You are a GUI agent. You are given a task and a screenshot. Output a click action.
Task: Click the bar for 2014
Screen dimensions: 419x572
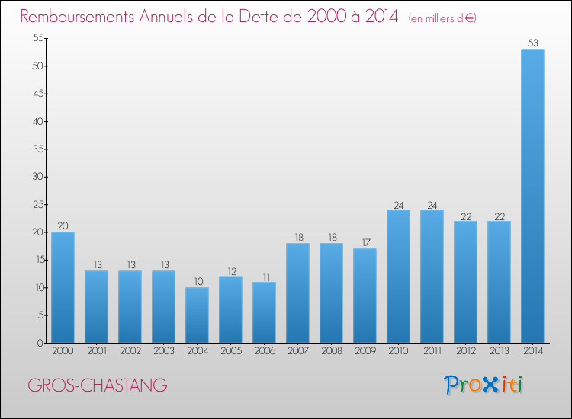tap(532, 196)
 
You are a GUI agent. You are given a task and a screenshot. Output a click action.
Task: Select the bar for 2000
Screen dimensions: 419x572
tap(63, 287)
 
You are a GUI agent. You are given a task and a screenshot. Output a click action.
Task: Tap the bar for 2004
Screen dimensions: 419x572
tap(197, 315)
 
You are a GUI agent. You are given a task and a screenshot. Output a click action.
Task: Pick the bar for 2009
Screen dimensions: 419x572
tap(365, 296)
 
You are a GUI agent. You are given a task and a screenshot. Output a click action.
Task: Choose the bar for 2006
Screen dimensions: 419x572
tap(264, 312)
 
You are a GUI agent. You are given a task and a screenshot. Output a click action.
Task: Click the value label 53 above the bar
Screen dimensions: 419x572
tap(532, 43)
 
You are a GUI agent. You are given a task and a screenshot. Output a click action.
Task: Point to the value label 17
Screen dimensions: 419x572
tap(365, 242)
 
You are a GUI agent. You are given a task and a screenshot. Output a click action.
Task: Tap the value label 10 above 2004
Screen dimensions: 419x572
tap(197, 281)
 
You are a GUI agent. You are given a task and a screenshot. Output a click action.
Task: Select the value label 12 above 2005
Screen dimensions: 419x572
tap(230, 270)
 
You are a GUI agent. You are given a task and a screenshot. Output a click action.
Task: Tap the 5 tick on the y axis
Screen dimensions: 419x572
tap(37, 315)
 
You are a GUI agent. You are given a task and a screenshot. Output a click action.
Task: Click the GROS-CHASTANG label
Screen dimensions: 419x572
tap(98, 386)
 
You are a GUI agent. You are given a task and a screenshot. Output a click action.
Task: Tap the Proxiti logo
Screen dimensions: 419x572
tap(484, 385)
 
